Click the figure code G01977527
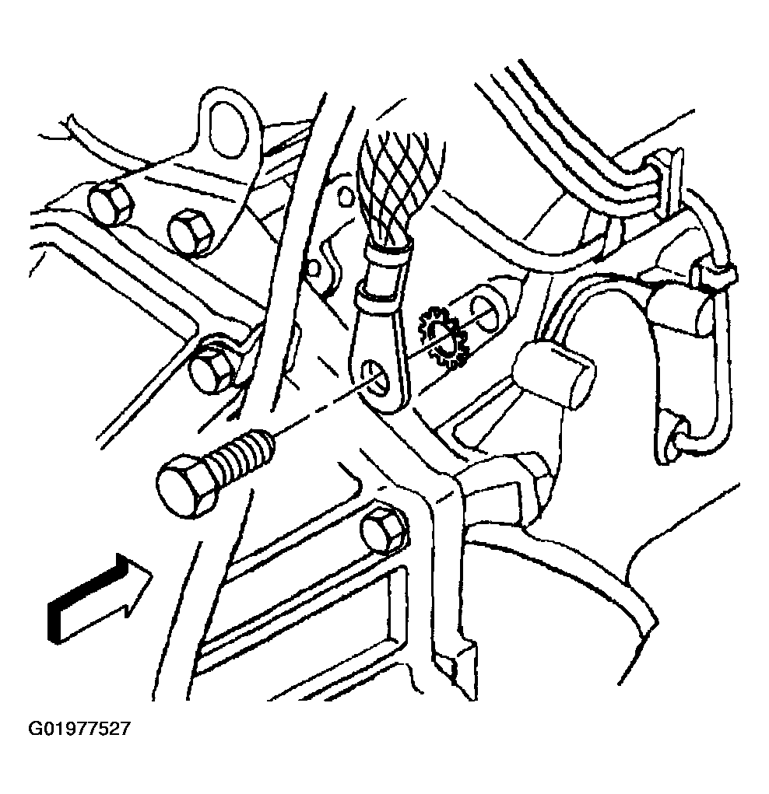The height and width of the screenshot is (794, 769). click(x=79, y=729)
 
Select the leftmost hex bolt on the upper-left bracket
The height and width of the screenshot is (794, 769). click(x=111, y=202)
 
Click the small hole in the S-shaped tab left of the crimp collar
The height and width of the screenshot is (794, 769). click(x=314, y=267)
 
